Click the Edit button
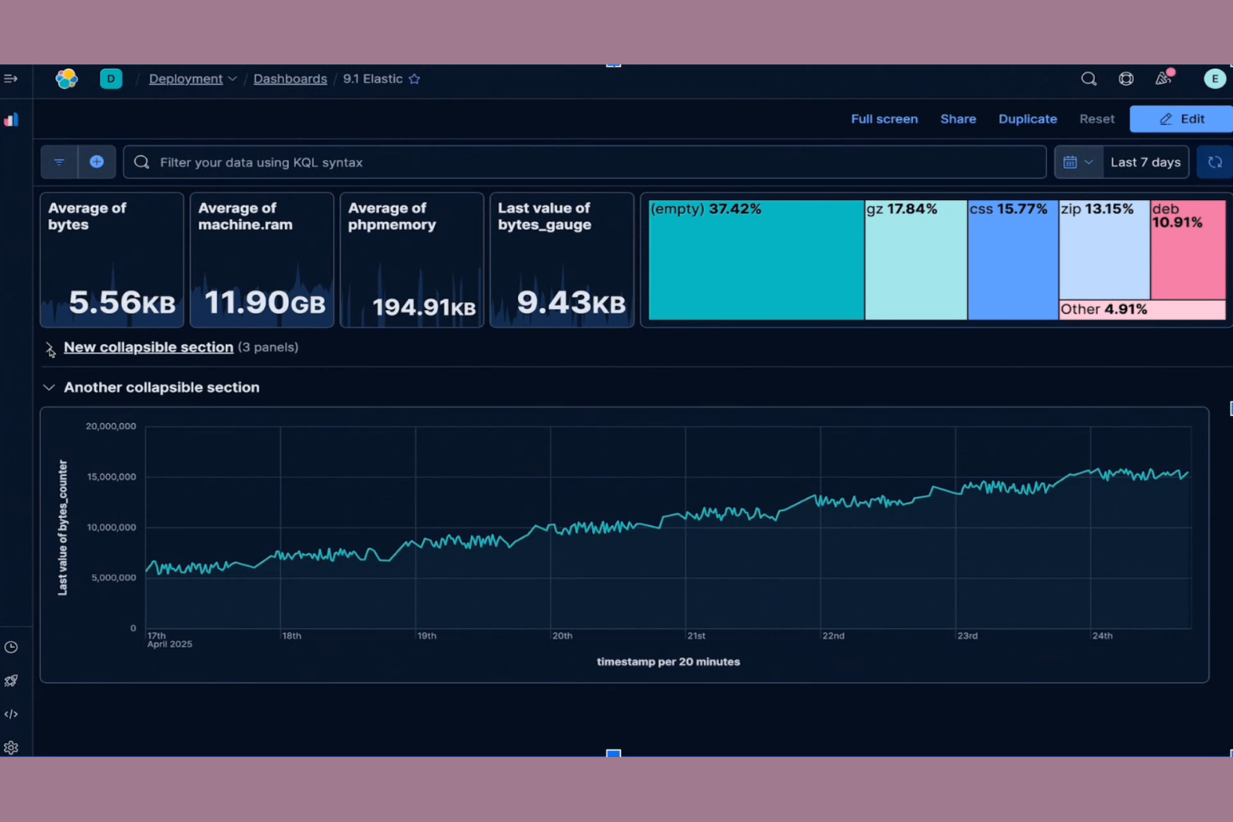(1181, 119)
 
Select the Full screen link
(884, 119)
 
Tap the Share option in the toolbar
(957, 119)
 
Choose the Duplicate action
(1027, 119)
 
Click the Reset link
(1096, 119)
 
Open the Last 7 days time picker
(1145, 162)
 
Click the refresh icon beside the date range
(1215, 162)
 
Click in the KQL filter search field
(583, 162)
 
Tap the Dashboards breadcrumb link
(290, 79)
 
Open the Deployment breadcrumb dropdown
(192, 79)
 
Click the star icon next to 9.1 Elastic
(414, 79)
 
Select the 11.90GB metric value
(264, 302)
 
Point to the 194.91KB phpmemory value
(423, 307)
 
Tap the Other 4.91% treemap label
(1104, 310)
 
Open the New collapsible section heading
(148, 347)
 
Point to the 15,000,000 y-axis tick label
(111, 477)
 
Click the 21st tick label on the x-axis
(696, 635)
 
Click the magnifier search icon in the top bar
(1088, 79)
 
